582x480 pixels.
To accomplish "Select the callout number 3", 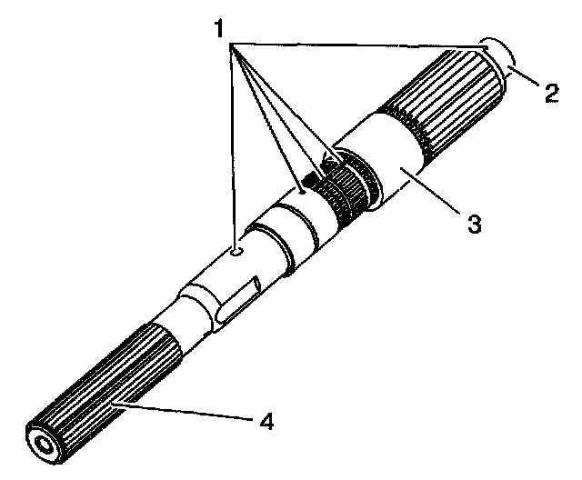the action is coord(472,221).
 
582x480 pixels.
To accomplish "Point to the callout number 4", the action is coord(266,422).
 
